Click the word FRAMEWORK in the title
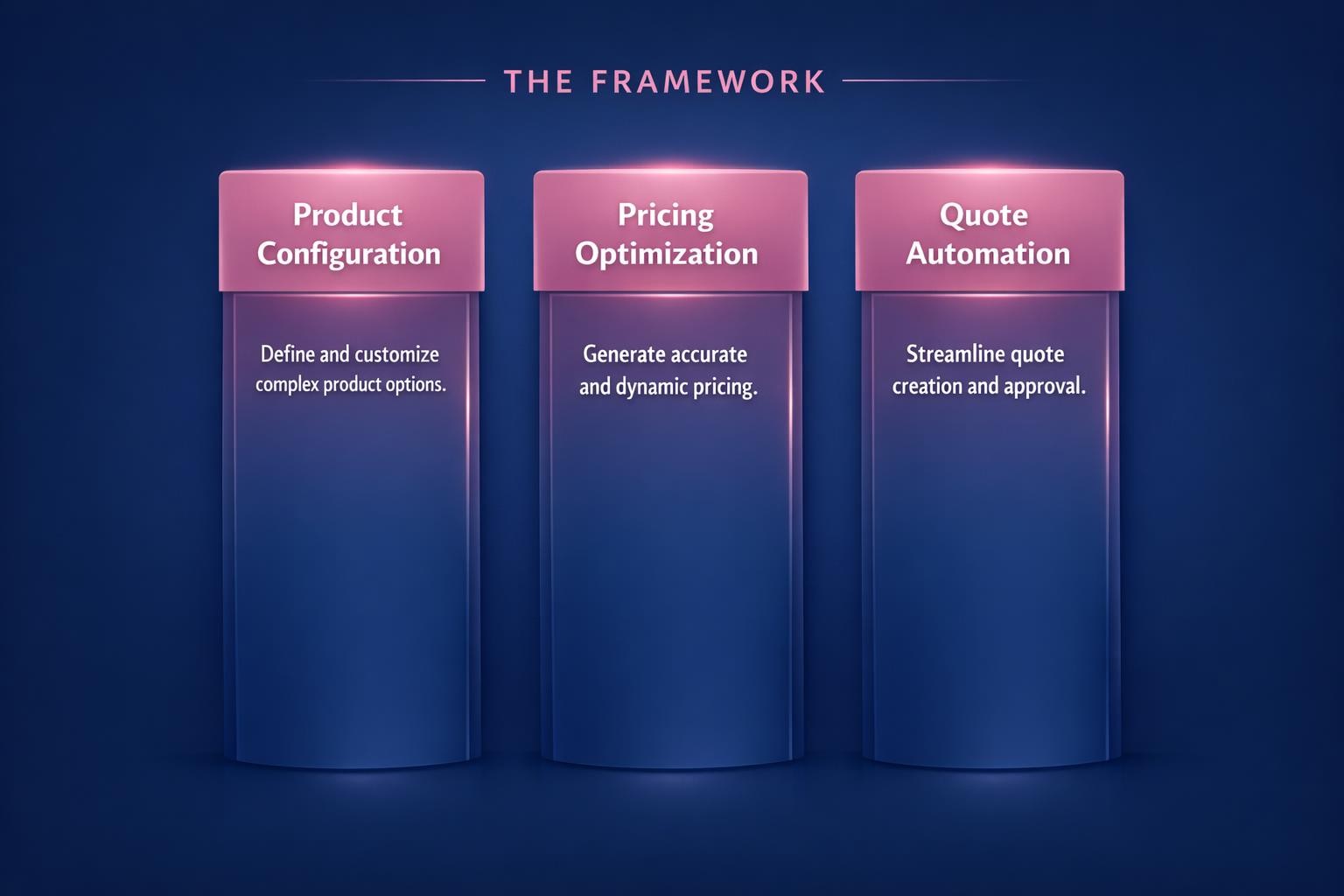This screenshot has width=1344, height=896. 708,81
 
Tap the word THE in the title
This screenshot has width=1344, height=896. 538,81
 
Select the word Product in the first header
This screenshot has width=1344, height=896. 347,214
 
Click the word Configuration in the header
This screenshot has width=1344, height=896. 348,254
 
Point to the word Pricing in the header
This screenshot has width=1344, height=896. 665,214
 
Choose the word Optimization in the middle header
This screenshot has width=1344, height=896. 666,254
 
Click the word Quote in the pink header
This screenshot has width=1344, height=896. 983,214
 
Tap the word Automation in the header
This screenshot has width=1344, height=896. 988,254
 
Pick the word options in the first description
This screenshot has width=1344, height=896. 415,385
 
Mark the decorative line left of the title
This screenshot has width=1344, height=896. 394,80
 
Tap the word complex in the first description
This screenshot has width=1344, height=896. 287,385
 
